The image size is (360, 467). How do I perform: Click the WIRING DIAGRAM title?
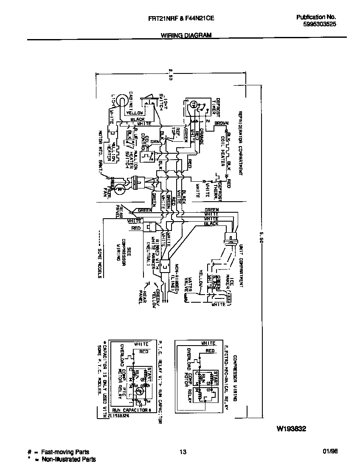[186, 36]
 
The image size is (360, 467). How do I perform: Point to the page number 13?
[183, 452]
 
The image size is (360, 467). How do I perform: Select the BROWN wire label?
[221, 123]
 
